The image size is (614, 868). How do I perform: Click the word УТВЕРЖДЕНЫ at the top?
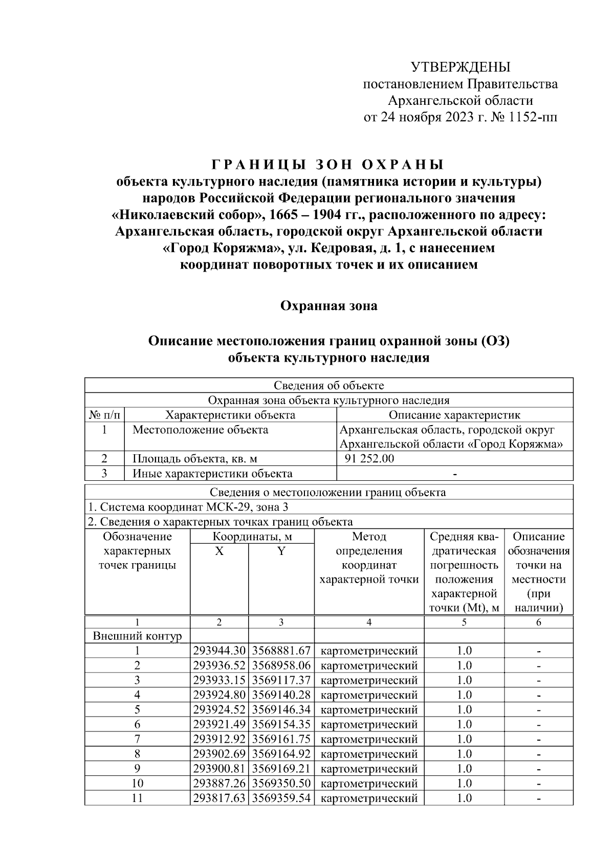tap(461, 67)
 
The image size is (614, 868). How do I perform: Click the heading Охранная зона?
tap(328, 306)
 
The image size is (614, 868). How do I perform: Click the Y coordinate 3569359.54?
tap(281, 797)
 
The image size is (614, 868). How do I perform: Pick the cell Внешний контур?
tap(137, 636)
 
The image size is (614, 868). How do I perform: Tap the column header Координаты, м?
tap(252, 537)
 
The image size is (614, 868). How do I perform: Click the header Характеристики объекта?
tap(230, 415)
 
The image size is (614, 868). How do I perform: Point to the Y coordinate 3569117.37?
tap(281, 680)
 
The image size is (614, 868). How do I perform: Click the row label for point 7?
tap(137, 739)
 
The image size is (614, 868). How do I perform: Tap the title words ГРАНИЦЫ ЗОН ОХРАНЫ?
tap(328, 165)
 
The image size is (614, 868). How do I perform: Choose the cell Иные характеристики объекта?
tap(212, 473)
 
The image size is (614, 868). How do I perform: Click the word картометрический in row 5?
tap(369, 709)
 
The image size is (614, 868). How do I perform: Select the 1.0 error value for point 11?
tap(464, 797)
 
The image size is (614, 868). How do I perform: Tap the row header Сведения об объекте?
tap(328, 385)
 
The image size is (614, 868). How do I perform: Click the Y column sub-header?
tap(281, 551)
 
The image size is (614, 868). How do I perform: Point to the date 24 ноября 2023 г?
tap(426, 117)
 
